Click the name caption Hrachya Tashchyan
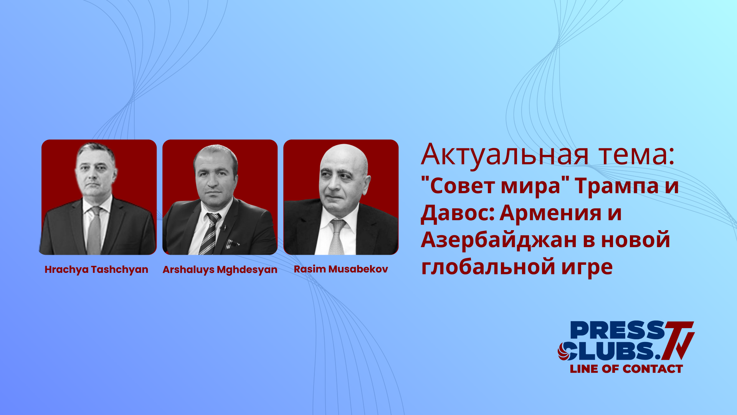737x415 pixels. (x=96, y=269)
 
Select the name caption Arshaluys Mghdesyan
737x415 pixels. (x=220, y=269)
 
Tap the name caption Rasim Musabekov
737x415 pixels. (x=341, y=269)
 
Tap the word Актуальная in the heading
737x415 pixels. (x=505, y=154)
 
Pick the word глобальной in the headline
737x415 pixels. (x=487, y=267)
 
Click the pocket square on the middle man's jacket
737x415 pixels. (x=233, y=244)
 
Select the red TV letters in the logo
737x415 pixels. (x=679, y=338)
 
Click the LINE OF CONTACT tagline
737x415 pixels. (x=626, y=369)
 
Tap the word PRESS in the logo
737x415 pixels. (x=617, y=330)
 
